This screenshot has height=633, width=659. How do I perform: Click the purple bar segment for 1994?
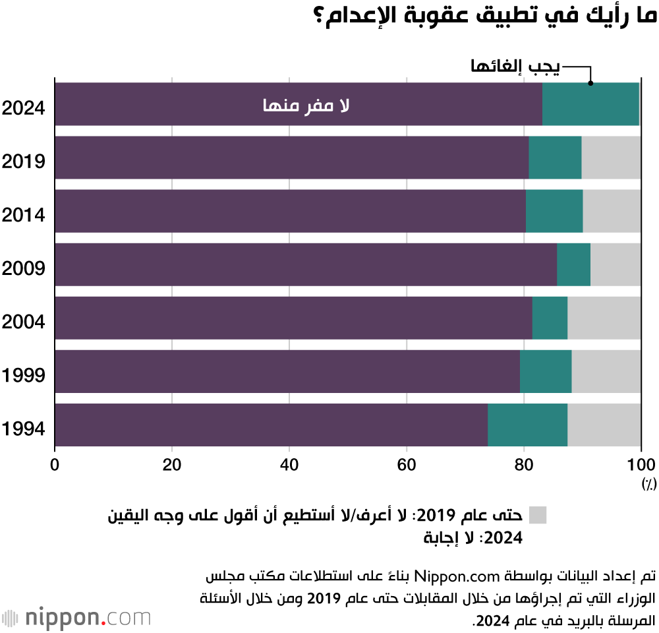[271, 425]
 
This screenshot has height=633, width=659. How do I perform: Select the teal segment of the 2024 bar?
[590, 104]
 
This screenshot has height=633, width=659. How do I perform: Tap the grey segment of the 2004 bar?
[604, 318]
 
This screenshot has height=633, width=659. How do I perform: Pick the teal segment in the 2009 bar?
[573, 264]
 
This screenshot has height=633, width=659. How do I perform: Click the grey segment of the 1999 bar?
[606, 371]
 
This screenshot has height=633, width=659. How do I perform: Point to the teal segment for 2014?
[554, 211]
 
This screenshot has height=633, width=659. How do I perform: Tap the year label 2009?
[23, 268]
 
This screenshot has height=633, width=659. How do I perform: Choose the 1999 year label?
[23, 376]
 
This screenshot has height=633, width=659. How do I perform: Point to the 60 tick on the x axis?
[407, 464]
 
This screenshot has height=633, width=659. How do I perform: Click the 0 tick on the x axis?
[55, 464]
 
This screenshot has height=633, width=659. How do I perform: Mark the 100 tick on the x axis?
[641, 464]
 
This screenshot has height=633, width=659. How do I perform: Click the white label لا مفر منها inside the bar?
[306, 105]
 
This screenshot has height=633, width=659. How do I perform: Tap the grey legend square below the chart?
[538, 515]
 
